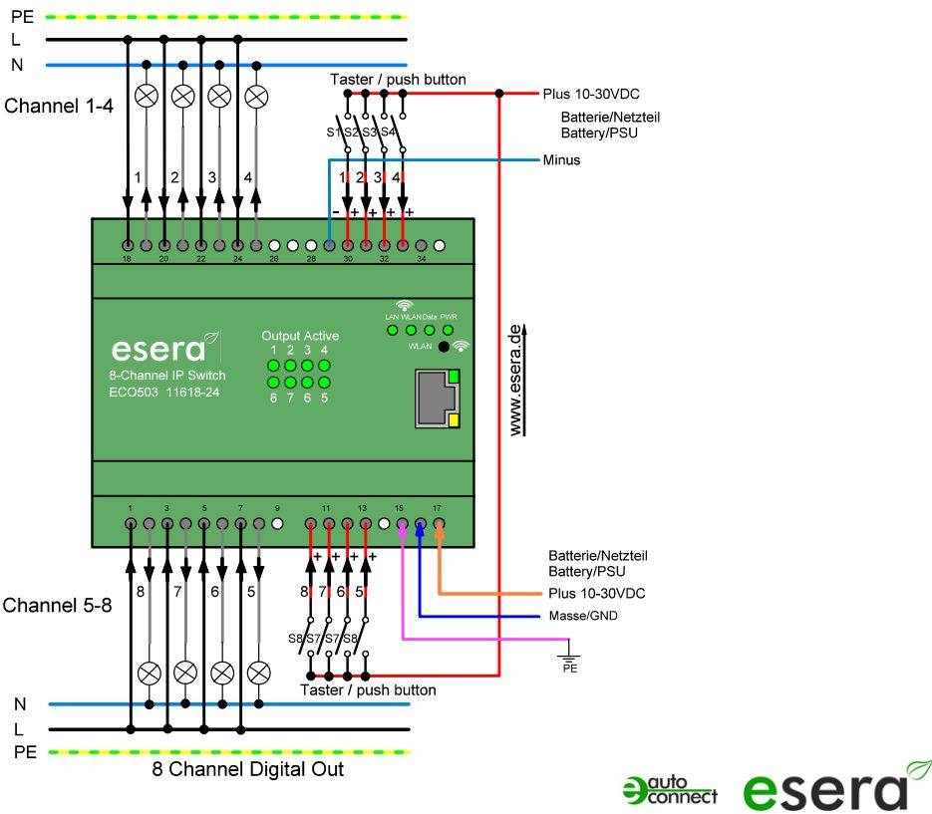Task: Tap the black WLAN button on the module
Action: click(x=444, y=348)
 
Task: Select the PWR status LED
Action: click(x=448, y=330)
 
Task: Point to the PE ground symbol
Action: click(x=570, y=657)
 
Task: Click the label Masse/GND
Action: click(x=583, y=616)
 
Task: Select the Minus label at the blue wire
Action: click(x=561, y=159)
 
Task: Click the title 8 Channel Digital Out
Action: click(x=247, y=769)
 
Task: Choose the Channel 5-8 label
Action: click(x=57, y=605)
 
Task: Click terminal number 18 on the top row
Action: click(x=129, y=245)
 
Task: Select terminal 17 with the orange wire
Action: click(x=438, y=523)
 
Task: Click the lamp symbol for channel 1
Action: click(x=147, y=96)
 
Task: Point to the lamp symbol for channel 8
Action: click(x=150, y=671)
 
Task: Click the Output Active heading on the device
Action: click(x=299, y=336)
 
